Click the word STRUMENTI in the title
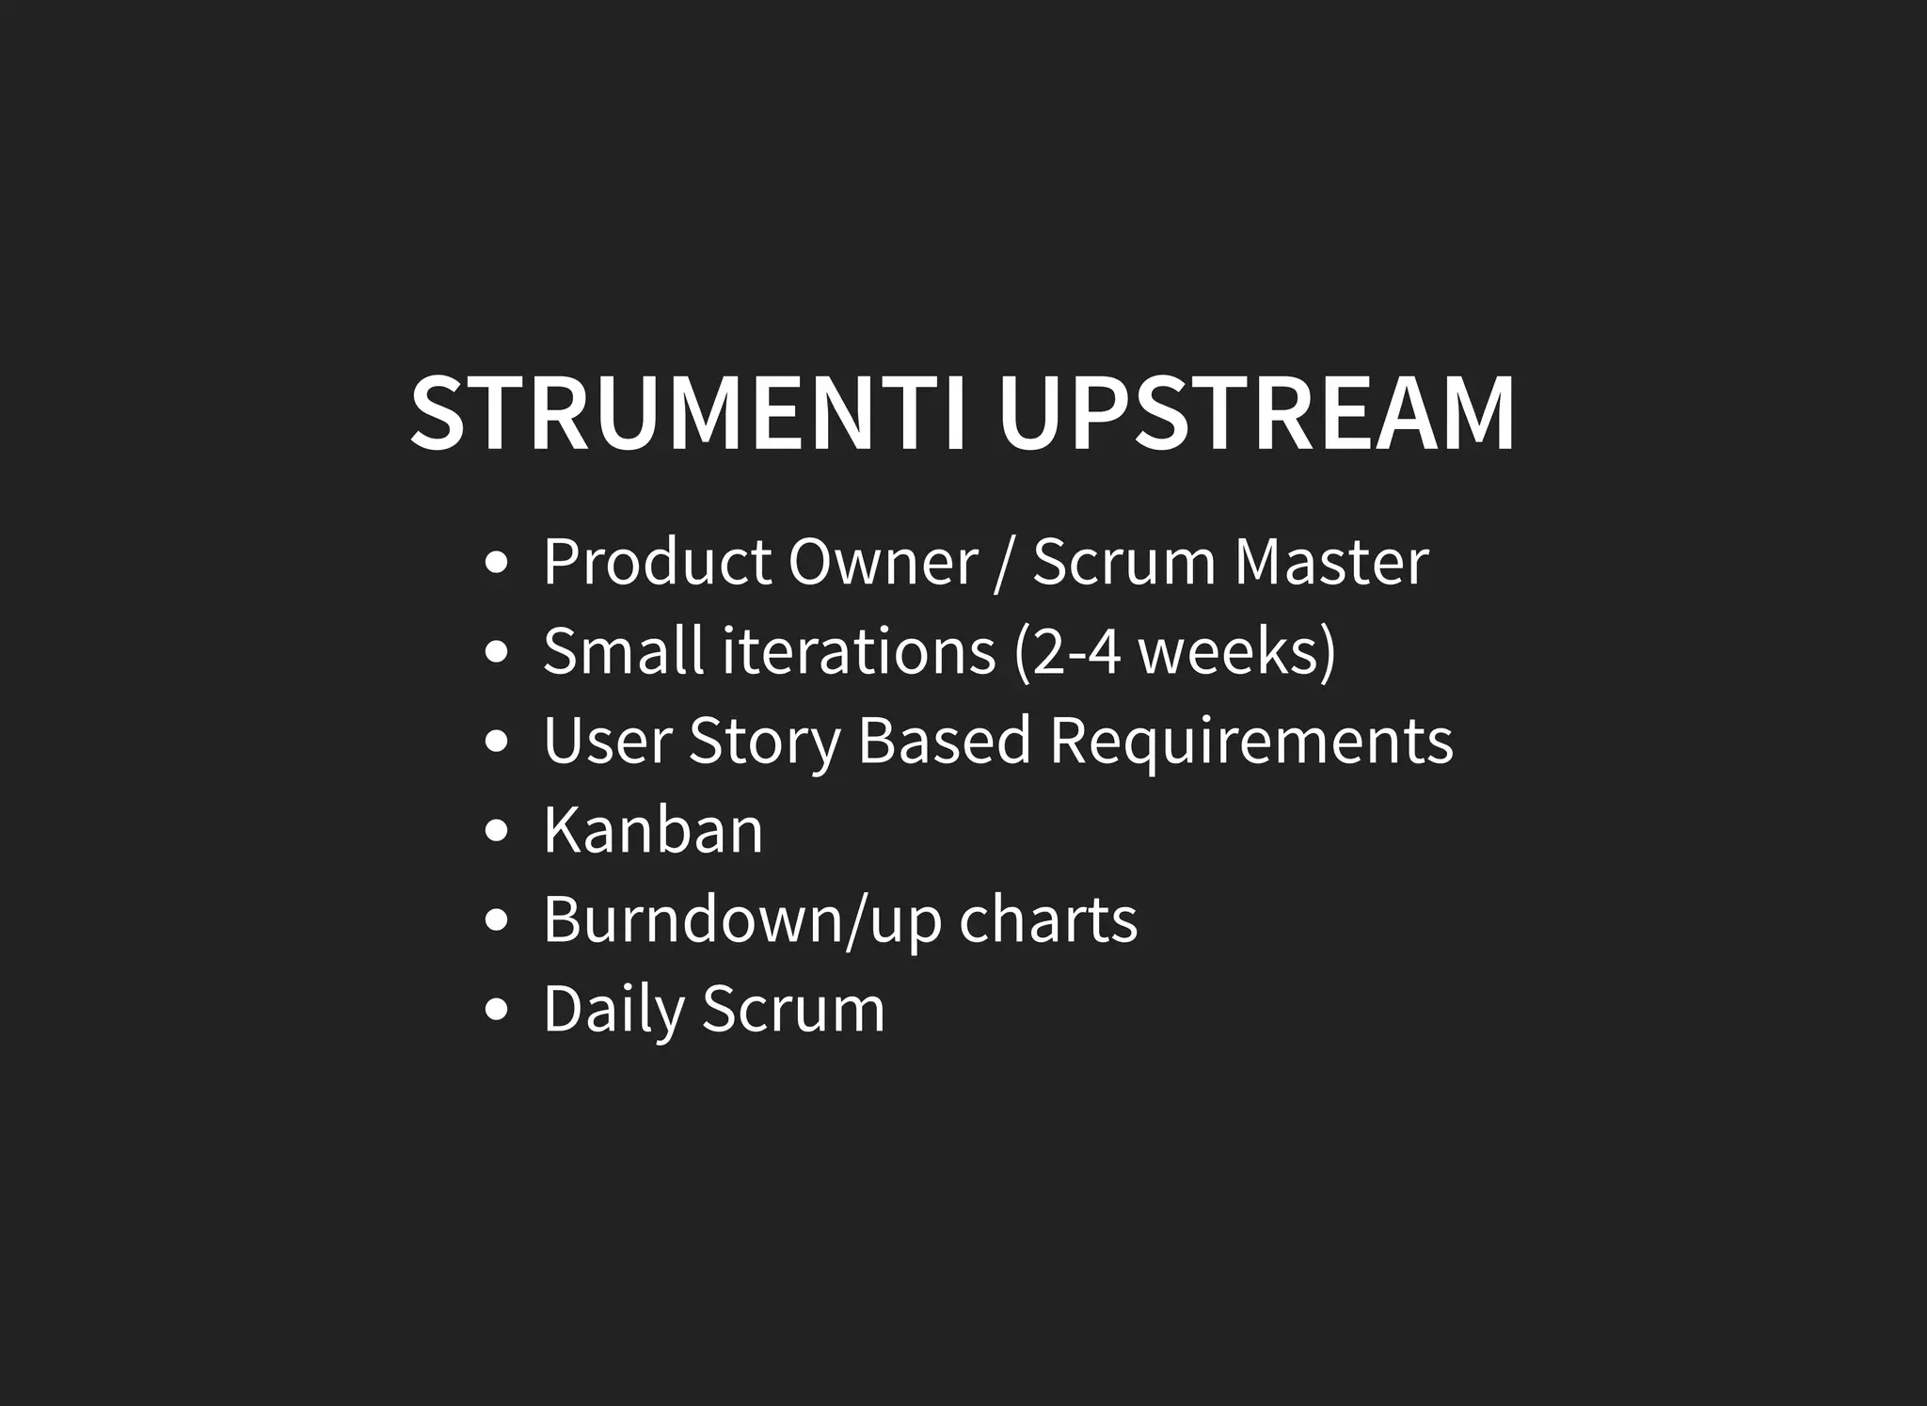pos(689,414)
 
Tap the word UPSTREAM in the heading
pos(1256,414)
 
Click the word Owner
pos(883,562)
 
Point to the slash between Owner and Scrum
pos(1005,564)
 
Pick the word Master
pos(1331,562)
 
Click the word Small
pos(623,651)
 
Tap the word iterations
pos(859,651)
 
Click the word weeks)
pos(1237,651)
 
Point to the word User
pos(607,741)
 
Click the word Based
pos(945,741)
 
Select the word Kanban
pos(653,830)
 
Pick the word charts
pos(1048,919)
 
